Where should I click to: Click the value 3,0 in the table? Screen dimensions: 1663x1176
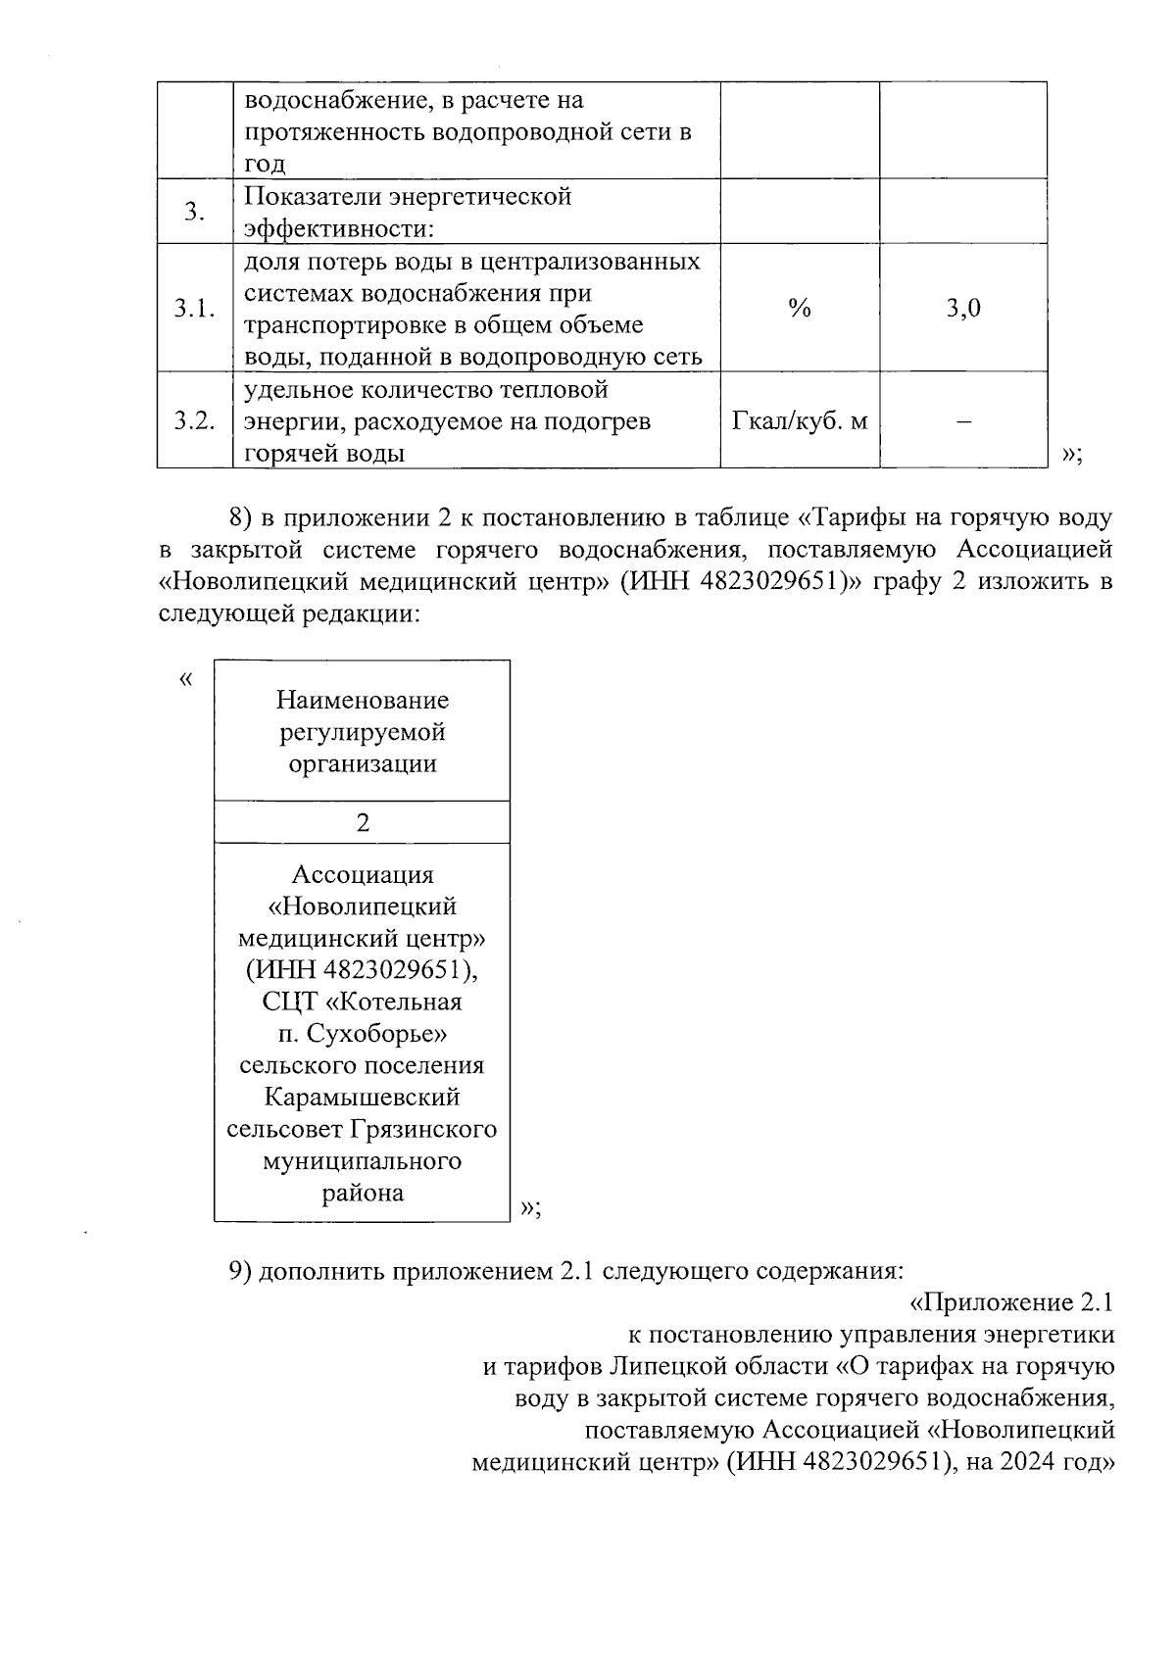coord(963,309)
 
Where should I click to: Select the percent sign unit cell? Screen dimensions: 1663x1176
coord(800,309)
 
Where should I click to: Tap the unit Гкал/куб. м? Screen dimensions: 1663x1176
coord(800,421)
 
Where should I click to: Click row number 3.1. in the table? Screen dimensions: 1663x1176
coord(194,309)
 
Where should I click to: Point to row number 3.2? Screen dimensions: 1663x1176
coord(194,421)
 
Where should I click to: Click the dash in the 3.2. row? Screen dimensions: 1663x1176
coord(963,421)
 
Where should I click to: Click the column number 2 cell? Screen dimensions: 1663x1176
coord(363,823)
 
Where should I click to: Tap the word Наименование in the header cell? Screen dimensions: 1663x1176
coord(363,700)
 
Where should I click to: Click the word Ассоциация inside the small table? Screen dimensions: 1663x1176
coord(363,874)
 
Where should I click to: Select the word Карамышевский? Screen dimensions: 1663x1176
coord(363,1098)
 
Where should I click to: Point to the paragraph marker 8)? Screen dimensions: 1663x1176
coord(241,517)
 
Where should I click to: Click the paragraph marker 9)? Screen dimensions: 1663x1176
coord(241,1271)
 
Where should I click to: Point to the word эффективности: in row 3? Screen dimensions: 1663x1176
coord(338,229)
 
